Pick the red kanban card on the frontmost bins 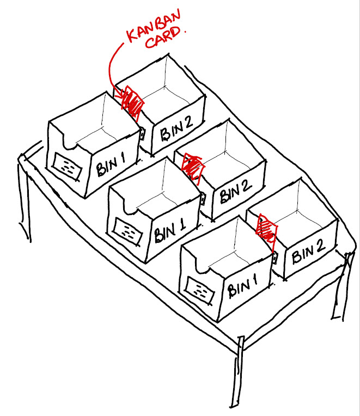266,228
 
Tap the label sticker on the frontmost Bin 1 199,289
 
